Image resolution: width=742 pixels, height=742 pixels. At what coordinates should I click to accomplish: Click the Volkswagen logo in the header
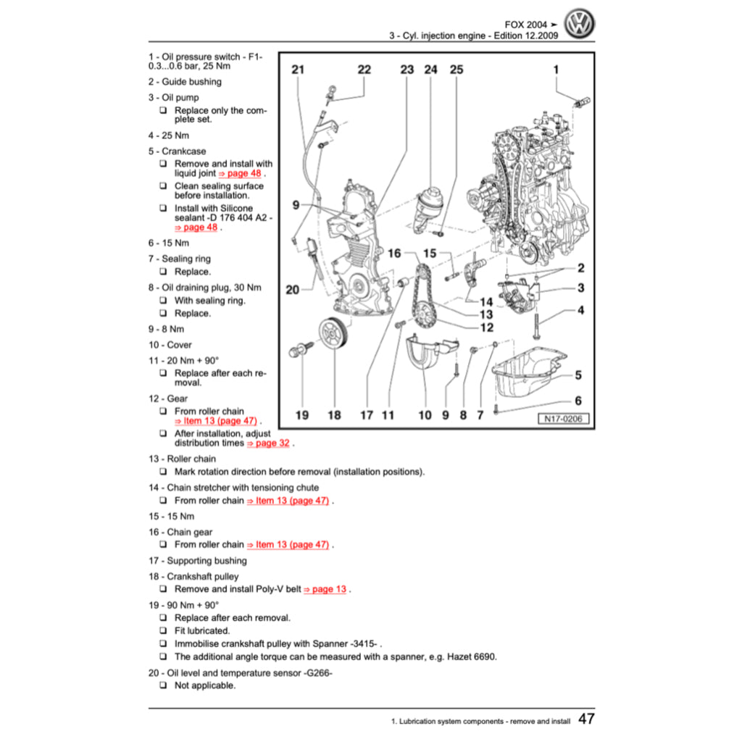tap(579, 25)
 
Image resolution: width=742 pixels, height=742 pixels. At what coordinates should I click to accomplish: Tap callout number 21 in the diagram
tap(298, 70)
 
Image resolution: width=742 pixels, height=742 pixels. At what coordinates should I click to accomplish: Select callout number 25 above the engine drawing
tap(456, 70)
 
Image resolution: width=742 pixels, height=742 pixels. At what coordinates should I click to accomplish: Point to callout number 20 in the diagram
tap(292, 290)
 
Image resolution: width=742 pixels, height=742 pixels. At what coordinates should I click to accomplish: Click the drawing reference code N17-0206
tap(562, 419)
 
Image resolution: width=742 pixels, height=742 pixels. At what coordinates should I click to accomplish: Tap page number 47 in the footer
tap(586, 719)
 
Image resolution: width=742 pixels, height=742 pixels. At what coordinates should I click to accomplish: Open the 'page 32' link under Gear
tap(270, 443)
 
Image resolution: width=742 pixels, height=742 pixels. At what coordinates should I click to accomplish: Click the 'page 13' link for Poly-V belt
tap(325, 589)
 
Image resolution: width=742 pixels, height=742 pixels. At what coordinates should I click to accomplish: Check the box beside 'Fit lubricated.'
tap(163, 631)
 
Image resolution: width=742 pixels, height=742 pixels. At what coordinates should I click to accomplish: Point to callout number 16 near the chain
tap(394, 254)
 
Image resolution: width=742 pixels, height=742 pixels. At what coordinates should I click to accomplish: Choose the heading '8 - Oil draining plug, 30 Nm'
tap(204, 287)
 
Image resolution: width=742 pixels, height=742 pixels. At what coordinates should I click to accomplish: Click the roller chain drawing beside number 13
tap(420, 297)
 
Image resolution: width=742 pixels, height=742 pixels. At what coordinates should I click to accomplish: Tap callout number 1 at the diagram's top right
tap(556, 70)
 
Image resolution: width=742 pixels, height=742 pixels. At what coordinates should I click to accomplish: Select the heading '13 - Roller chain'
tap(182, 459)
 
